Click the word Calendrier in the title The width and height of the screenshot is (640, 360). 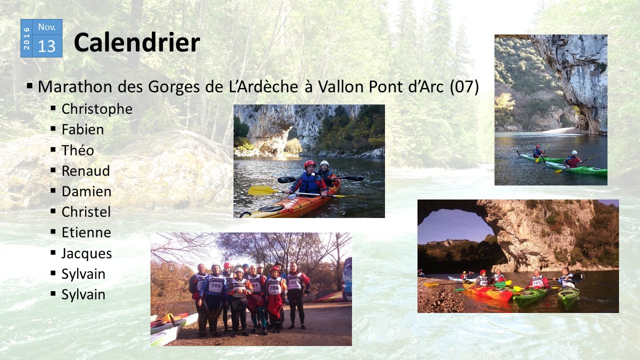point(137,42)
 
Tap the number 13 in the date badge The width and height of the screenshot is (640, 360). point(46,46)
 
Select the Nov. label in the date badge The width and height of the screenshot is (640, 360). point(47,27)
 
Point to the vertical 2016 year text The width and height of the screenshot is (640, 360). point(26,38)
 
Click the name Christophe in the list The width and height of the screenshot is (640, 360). point(97,109)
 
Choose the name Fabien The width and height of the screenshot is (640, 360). point(82,129)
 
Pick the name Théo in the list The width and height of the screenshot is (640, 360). point(77,150)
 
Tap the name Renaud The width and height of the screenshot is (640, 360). point(85,171)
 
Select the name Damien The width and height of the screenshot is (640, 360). point(86,191)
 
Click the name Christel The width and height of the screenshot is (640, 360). point(86,212)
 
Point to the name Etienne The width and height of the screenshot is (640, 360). point(86,232)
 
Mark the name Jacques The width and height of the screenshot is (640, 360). point(86,253)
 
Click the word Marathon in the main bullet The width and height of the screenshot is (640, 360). point(74,86)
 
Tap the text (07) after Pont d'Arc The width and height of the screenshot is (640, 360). point(464,86)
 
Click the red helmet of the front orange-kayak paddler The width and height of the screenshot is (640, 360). point(309,164)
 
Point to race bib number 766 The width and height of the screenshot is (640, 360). point(215,285)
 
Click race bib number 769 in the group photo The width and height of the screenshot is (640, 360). point(273,287)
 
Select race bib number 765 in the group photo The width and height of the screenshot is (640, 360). point(293,282)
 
